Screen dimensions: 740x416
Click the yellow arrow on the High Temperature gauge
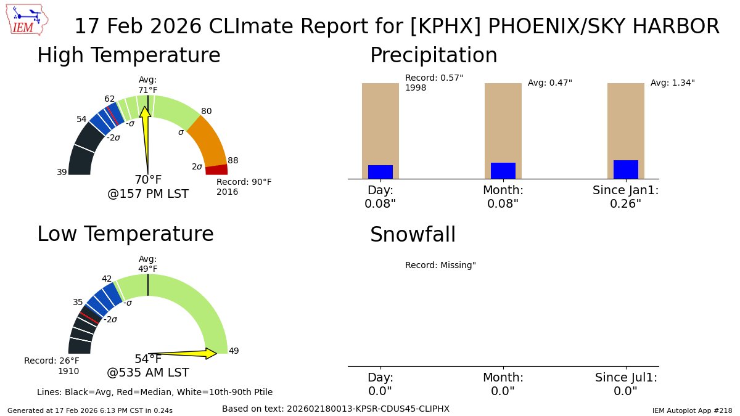click(x=146, y=133)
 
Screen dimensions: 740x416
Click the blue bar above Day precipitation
click(x=380, y=172)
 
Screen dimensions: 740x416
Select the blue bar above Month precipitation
click(x=503, y=171)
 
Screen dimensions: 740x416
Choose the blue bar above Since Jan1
click(x=626, y=169)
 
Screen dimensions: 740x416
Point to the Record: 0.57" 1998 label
click(x=434, y=83)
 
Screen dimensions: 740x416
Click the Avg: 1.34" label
click(x=672, y=83)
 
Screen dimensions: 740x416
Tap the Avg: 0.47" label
click(x=549, y=83)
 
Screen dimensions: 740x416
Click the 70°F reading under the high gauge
click(x=148, y=180)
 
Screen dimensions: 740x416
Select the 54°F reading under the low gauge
click(x=148, y=359)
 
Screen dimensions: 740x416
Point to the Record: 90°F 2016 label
click(x=244, y=187)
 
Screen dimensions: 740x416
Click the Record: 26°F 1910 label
click(x=52, y=365)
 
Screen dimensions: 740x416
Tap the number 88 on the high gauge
click(x=232, y=160)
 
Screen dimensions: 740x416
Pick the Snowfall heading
click(x=413, y=235)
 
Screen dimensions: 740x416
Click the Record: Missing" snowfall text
click(x=440, y=265)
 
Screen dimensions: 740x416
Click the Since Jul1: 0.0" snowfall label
click(x=626, y=384)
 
